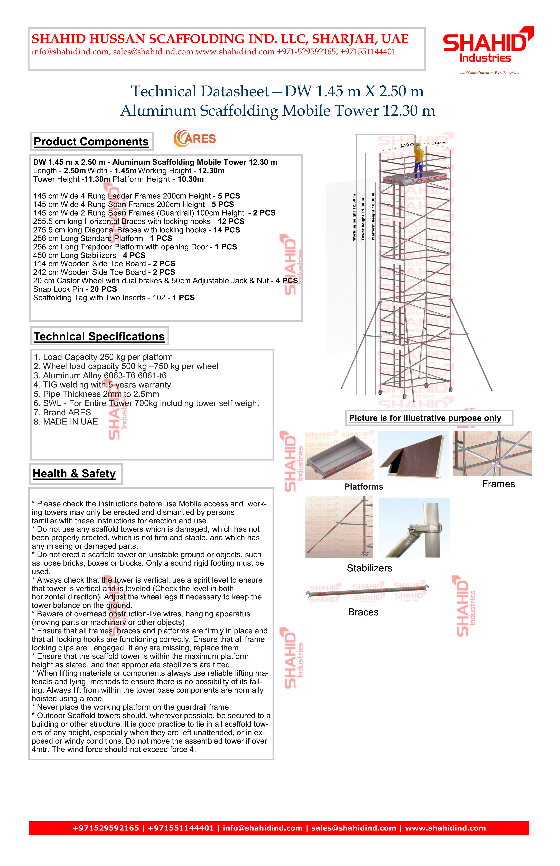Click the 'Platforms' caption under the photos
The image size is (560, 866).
(x=364, y=487)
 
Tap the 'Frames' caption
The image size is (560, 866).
(x=498, y=484)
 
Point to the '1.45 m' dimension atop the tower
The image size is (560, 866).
(x=440, y=143)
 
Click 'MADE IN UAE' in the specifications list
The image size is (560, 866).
(x=71, y=422)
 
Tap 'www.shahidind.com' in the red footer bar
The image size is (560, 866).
(x=445, y=828)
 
